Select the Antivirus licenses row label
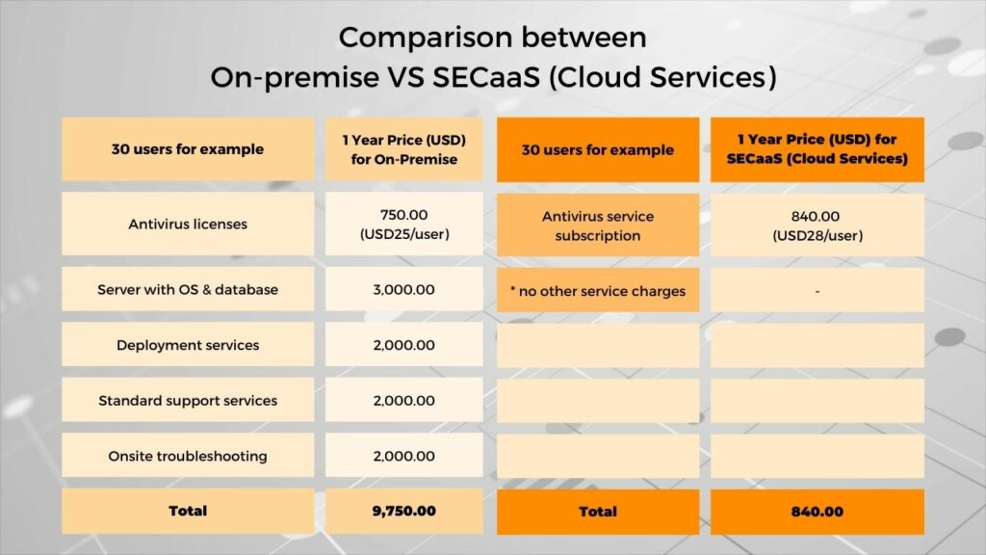[188, 225]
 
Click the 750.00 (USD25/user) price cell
[404, 225]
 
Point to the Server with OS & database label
[188, 289]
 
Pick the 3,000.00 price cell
[404, 289]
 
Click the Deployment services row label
[188, 345]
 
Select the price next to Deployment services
[404, 345]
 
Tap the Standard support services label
[188, 400]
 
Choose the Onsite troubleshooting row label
[188, 456]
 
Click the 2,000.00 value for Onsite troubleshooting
[404, 456]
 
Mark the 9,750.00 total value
[404, 511]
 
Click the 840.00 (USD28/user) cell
[817, 225]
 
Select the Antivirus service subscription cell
[597, 225]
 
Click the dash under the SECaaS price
[817, 290]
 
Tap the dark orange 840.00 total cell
[817, 512]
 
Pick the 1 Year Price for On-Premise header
[404, 149]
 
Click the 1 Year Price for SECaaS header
[817, 149]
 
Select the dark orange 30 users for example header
[597, 149]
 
